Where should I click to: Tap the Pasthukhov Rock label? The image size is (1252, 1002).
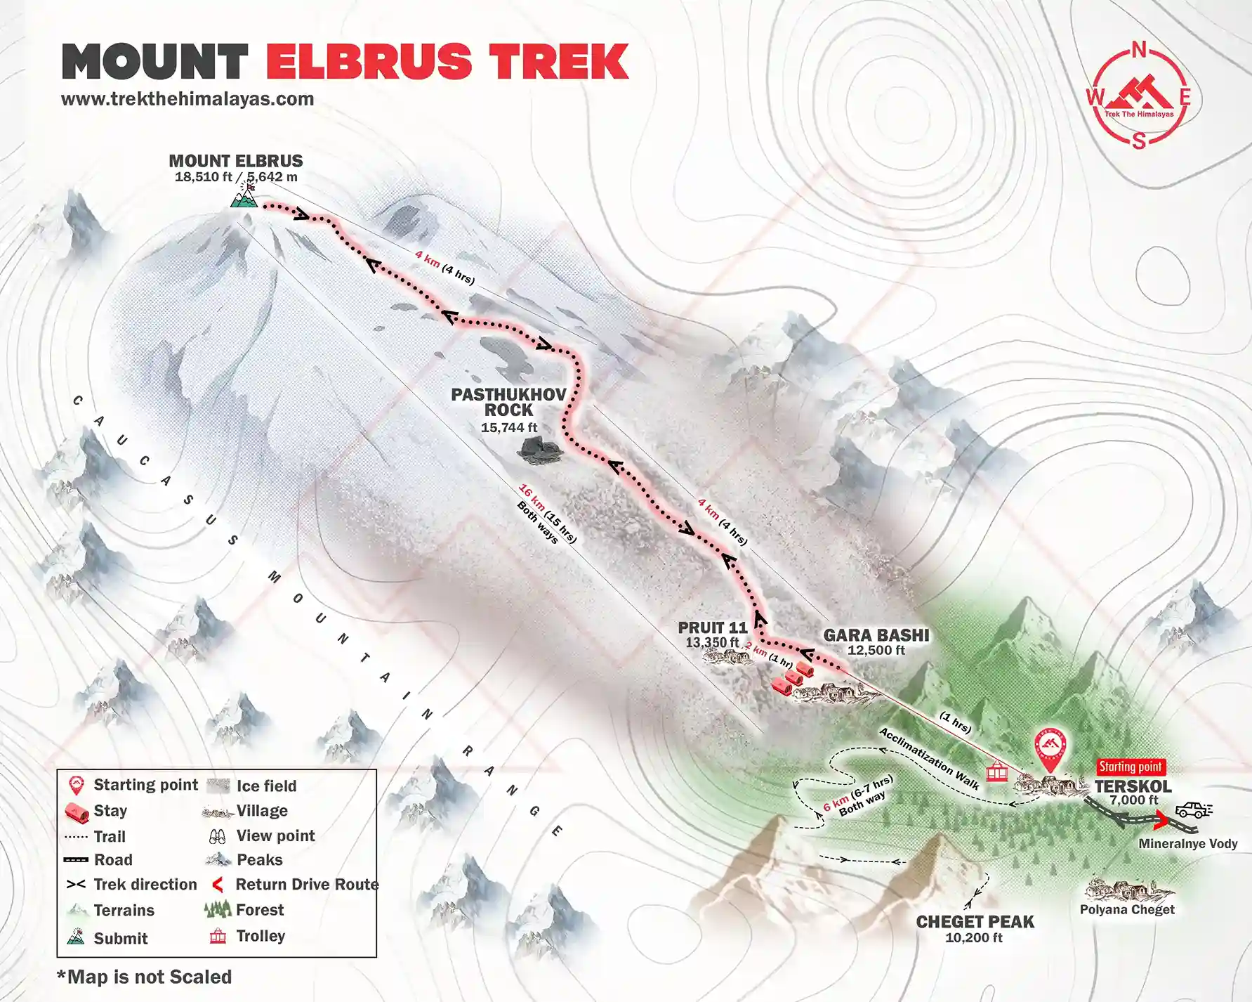pyautogui.click(x=508, y=402)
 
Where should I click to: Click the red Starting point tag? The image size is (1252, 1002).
pyautogui.click(x=1131, y=767)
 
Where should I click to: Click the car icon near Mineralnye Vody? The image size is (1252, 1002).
pyautogui.click(x=1192, y=810)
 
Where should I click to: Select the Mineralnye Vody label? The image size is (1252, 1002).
pyautogui.click(x=1188, y=844)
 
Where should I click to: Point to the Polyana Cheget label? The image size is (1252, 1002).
pyautogui.click(x=1127, y=909)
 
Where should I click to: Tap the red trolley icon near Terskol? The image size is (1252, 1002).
pyautogui.click(x=996, y=772)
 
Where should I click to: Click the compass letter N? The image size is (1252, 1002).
pyautogui.click(x=1139, y=50)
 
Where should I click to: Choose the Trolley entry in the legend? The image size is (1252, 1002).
pyautogui.click(x=261, y=936)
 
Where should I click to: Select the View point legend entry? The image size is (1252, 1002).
pyautogui.click(x=275, y=835)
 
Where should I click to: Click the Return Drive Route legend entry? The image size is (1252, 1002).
pyautogui.click(x=306, y=884)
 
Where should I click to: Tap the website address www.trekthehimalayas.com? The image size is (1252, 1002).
pyautogui.click(x=187, y=99)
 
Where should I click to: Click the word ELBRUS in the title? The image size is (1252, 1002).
pyautogui.click(x=369, y=62)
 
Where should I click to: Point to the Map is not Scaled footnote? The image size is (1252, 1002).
pyautogui.click(x=145, y=977)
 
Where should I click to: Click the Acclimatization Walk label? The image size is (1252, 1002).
pyautogui.click(x=928, y=759)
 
